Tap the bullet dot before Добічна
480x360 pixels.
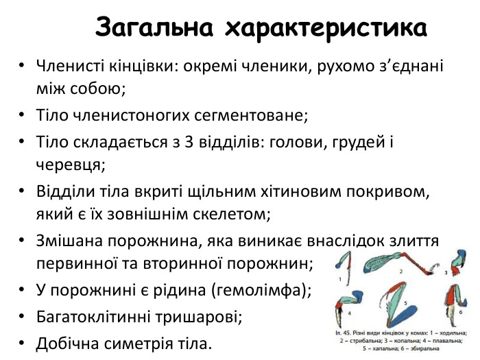(x=23, y=341)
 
